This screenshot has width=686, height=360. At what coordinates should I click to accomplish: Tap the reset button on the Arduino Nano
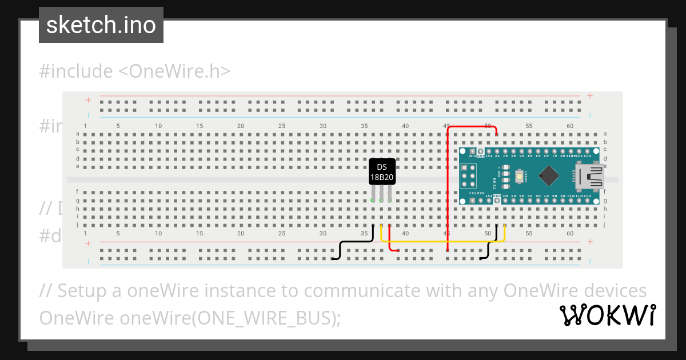click(x=519, y=177)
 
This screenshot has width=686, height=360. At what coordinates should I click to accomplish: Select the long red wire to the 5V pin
click(x=448, y=189)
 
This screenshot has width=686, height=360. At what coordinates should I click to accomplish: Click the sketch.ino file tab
click(x=101, y=25)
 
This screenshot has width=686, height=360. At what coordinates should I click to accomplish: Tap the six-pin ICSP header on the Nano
click(x=468, y=177)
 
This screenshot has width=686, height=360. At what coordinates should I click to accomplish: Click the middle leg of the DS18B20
click(x=381, y=194)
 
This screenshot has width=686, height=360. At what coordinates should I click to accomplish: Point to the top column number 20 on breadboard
click(x=241, y=126)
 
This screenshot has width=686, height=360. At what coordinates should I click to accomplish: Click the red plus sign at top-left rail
click(x=88, y=100)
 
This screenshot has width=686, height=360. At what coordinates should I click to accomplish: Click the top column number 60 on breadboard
click(x=570, y=126)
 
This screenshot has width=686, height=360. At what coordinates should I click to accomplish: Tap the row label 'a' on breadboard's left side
click(x=78, y=134)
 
